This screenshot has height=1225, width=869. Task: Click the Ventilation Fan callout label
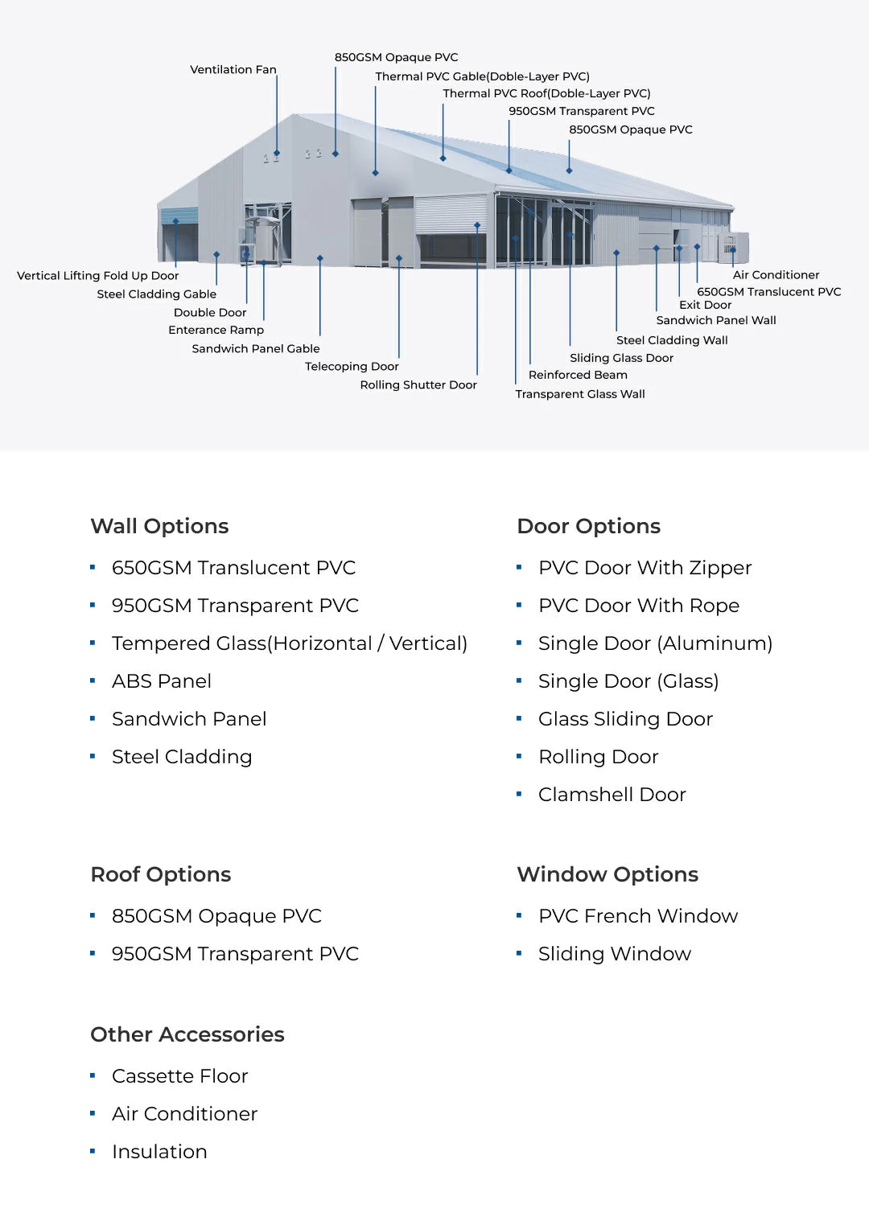click(x=233, y=70)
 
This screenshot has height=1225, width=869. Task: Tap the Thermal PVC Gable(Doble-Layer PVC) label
click(x=482, y=76)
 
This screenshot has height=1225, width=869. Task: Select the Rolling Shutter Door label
click(x=418, y=385)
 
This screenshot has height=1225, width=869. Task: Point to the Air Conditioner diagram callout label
click(x=776, y=275)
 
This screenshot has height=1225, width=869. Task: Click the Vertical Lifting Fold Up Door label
click(x=97, y=276)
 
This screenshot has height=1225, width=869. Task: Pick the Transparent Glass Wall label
click(x=580, y=394)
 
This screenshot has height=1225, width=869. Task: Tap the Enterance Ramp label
click(x=216, y=330)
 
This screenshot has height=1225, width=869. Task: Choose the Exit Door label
click(x=705, y=305)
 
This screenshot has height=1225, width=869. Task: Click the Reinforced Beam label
click(x=578, y=375)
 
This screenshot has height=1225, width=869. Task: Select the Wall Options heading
click(x=159, y=526)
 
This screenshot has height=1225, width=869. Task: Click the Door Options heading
click(x=588, y=526)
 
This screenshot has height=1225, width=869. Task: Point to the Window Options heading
click(x=607, y=874)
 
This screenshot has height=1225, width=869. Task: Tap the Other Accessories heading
click(x=187, y=1034)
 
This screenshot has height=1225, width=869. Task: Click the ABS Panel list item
click(x=161, y=681)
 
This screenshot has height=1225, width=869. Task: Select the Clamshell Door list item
click(x=612, y=795)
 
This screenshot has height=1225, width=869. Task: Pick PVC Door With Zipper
click(x=645, y=568)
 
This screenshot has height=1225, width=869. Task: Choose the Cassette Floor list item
click(x=179, y=1076)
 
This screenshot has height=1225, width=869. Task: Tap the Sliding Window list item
click(x=614, y=954)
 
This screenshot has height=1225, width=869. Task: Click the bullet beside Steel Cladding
click(x=93, y=756)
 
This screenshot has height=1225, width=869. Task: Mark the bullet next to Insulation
click(x=93, y=1151)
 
